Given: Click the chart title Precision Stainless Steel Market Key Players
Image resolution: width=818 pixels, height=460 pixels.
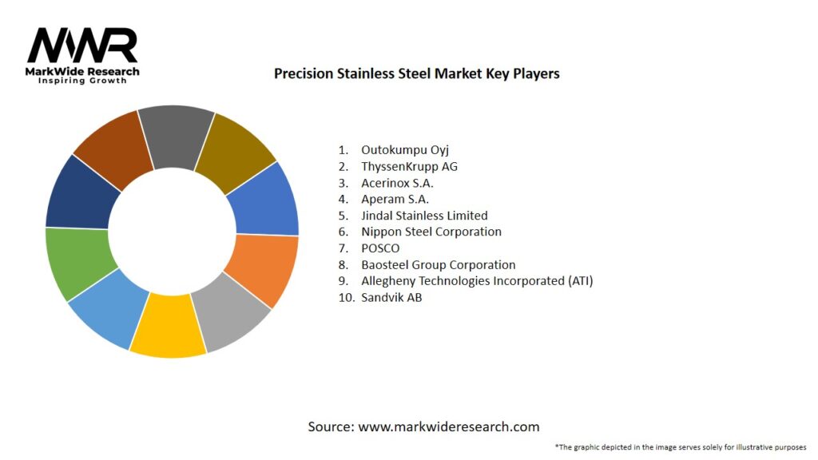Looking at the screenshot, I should (416, 73).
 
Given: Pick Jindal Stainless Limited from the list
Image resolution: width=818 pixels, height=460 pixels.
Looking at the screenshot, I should (424, 216).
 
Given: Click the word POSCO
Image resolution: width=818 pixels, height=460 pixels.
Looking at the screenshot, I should (380, 248).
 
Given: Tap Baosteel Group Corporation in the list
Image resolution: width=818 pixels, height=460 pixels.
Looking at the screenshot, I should (438, 264).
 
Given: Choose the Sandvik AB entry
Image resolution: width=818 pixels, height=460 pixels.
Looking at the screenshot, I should (391, 297).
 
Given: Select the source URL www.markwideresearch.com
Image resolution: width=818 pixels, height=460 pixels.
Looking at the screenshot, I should (448, 426).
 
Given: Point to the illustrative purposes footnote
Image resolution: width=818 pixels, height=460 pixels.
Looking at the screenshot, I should (680, 446).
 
